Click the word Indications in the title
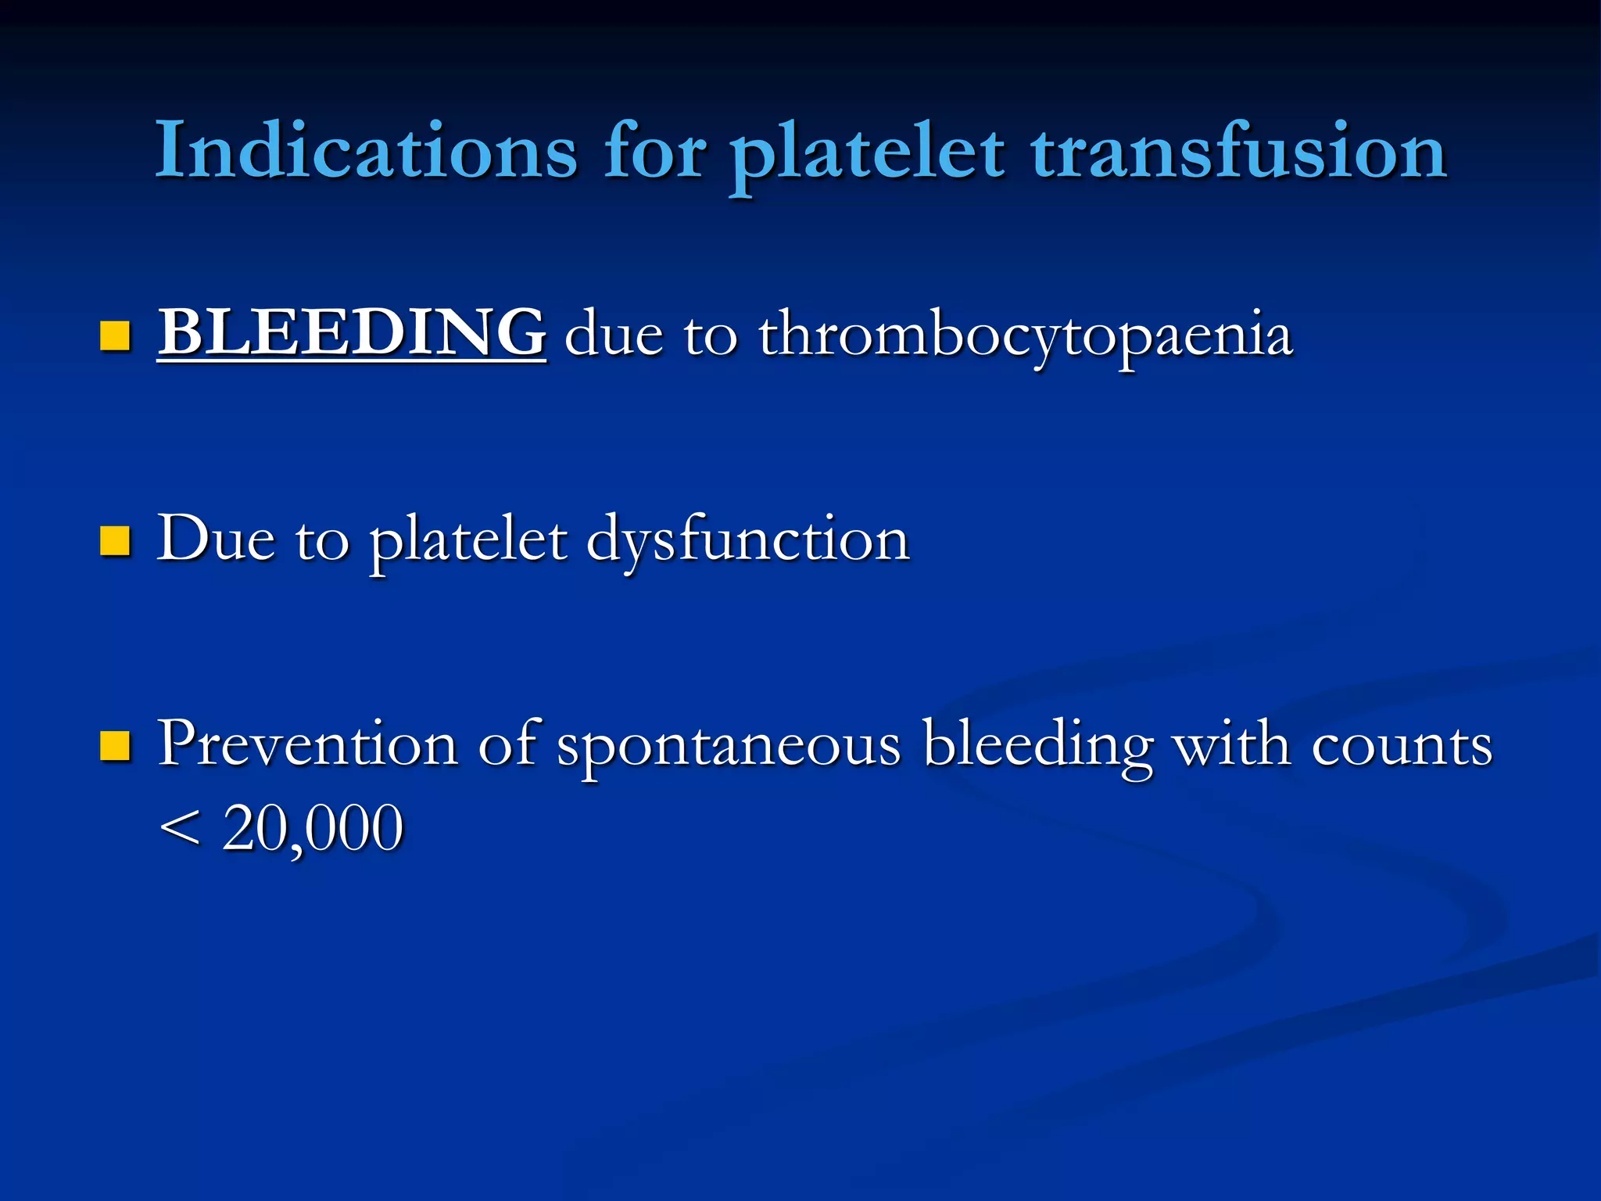click(x=366, y=150)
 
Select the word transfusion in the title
click(x=1239, y=150)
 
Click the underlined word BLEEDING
click(x=352, y=333)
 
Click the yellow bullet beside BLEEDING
click(x=115, y=336)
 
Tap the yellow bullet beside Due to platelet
click(x=115, y=540)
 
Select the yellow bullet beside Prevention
click(x=115, y=745)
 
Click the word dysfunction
click(x=748, y=541)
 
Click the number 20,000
click(x=313, y=829)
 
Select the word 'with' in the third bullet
click(x=1232, y=743)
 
